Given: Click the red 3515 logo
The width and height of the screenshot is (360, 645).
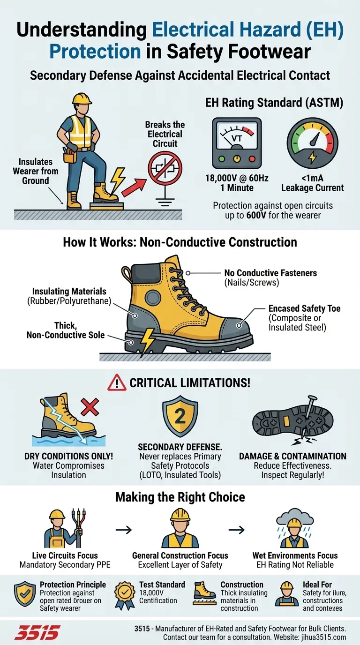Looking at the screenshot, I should pyautogui.click(x=37, y=632).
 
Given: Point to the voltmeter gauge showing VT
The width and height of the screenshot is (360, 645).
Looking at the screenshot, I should pyautogui.click(x=237, y=143).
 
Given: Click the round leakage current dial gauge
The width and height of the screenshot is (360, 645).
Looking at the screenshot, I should pyautogui.click(x=312, y=142).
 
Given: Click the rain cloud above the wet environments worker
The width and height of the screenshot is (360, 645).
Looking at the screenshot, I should pyautogui.click(x=295, y=518).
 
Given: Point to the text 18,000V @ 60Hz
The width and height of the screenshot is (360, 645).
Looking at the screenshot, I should pyautogui.click(x=237, y=178).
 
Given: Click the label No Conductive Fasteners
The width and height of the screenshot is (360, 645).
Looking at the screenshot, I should pyautogui.click(x=270, y=273).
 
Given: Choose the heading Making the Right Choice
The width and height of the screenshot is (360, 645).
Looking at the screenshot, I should pyautogui.click(x=180, y=497).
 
